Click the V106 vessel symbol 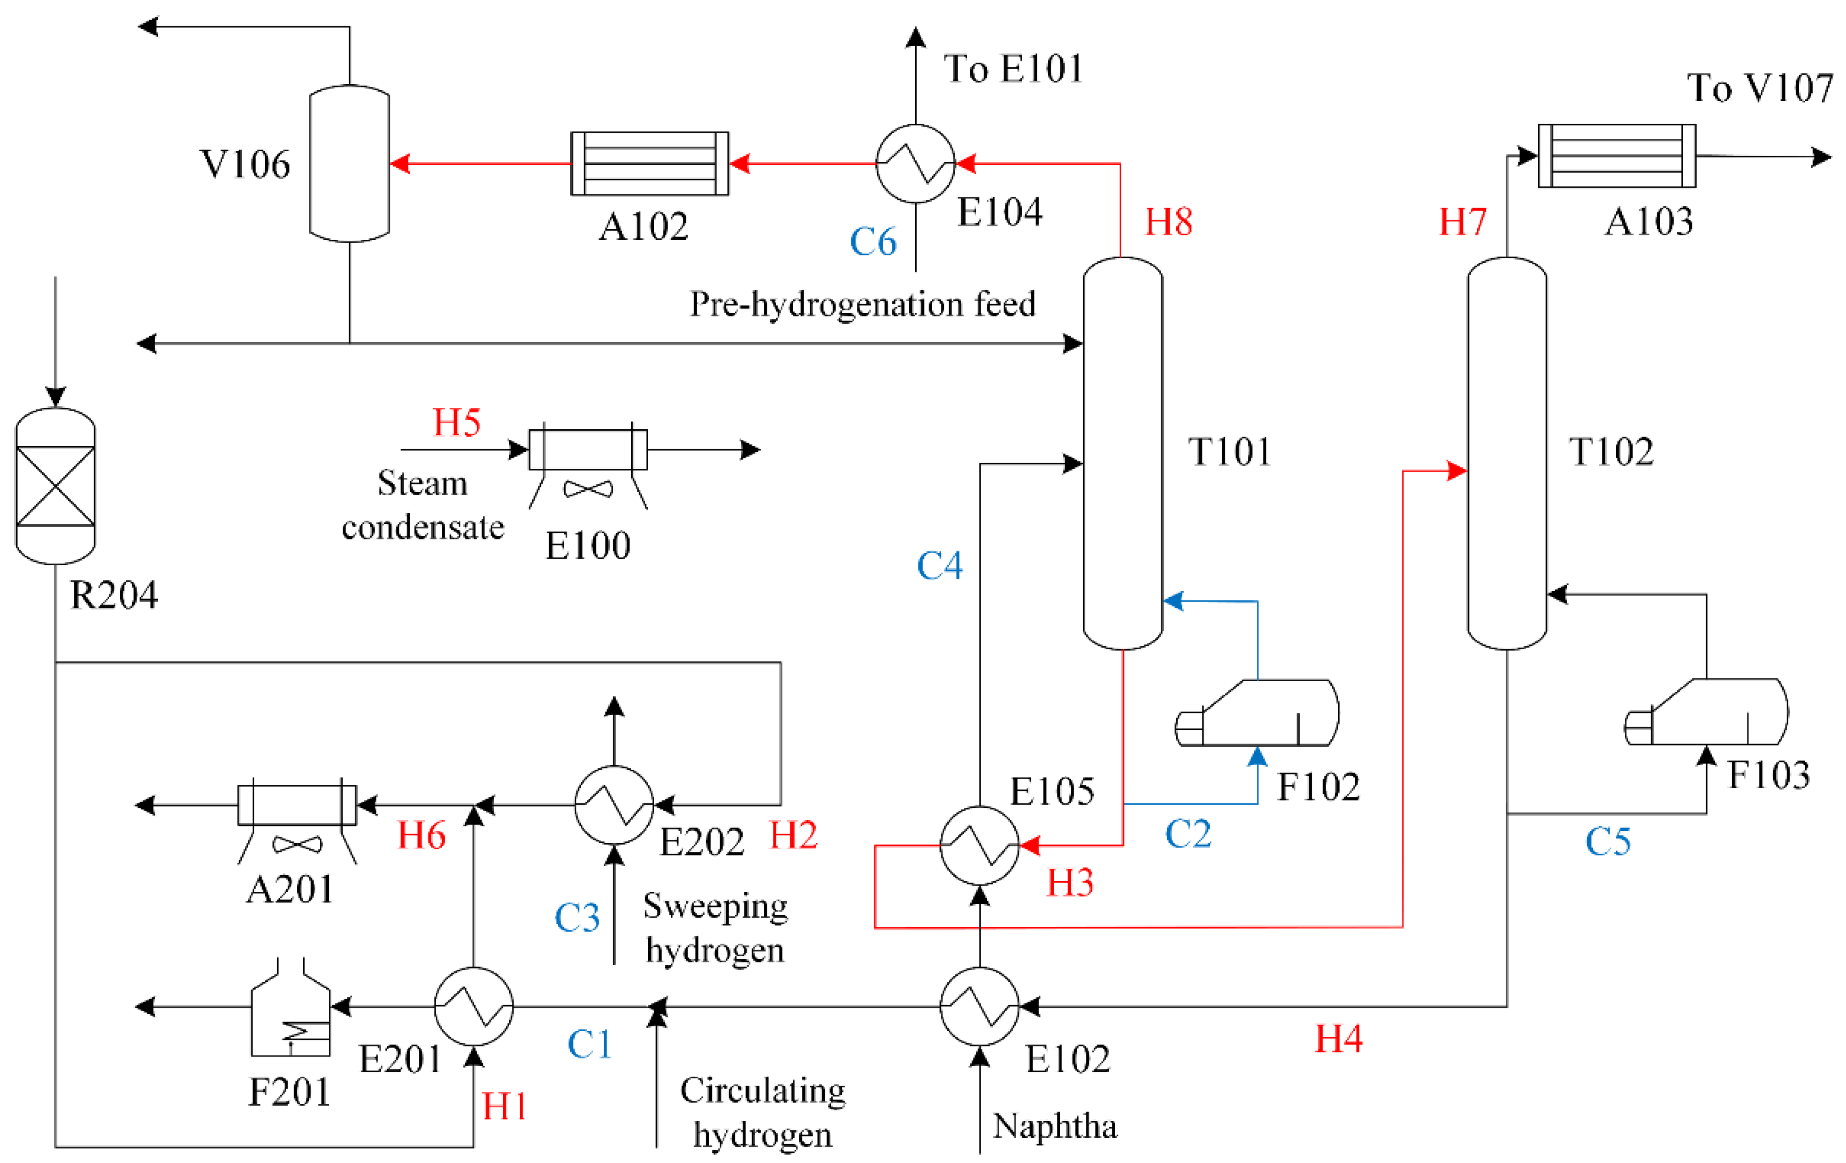pyautogui.click(x=349, y=163)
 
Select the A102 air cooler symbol pyautogui.click(x=649, y=163)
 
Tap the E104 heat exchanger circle pyautogui.click(x=915, y=163)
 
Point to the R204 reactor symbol pyautogui.click(x=55, y=485)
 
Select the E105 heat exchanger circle pyautogui.click(x=979, y=845)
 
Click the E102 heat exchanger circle pyautogui.click(x=979, y=1007)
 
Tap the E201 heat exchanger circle pyautogui.click(x=473, y=1007)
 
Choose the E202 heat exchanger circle pyautogui.click(x=613, y=805)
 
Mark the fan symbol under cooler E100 pyautogui.click(x=588, y=489)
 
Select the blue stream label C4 pyautogui.click(x=939, y=566)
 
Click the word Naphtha pyautogui.click(x=1055, y=1126)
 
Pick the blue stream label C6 pyautogui.click(x=873, y=241)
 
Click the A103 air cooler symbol pyautogui.click(x=1617, y=156)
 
